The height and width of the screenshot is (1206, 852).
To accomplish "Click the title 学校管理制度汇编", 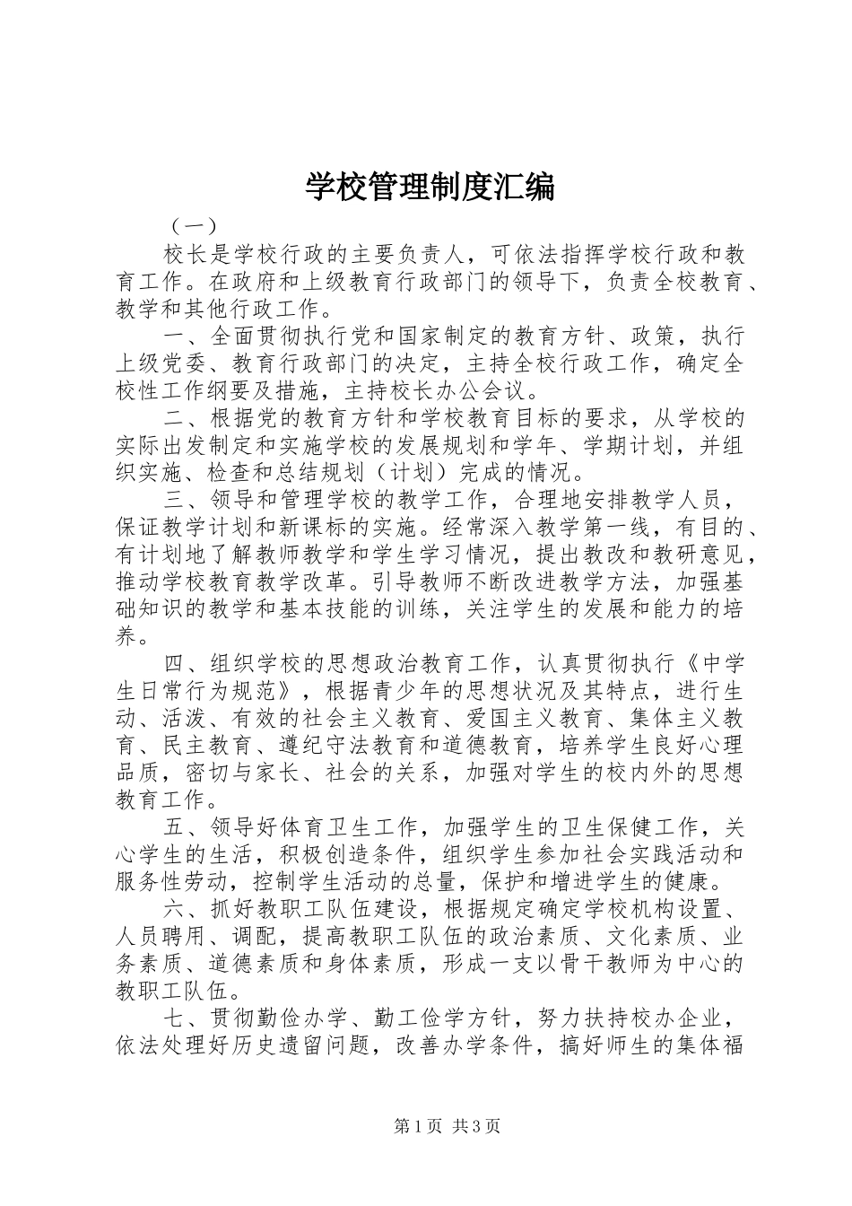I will (430, 186).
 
